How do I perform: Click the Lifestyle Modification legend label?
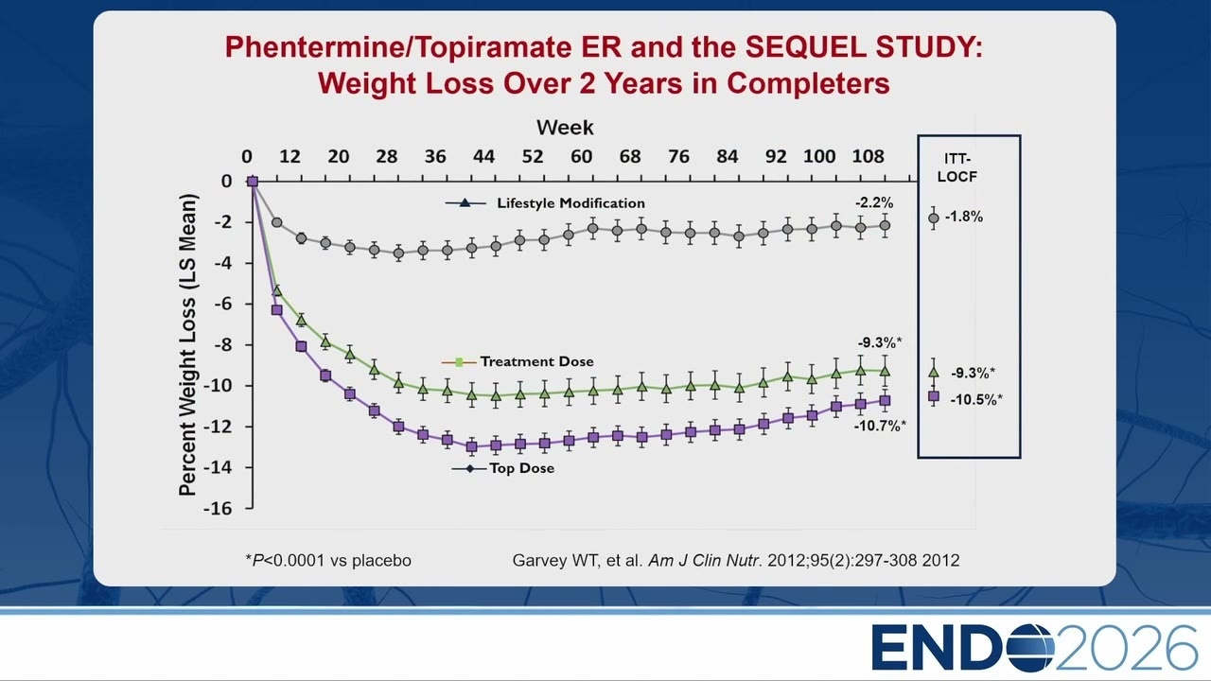click(570, 203)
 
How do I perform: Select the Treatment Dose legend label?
click(536, 361)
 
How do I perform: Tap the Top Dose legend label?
click(521, 468)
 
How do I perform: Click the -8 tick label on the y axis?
click(221, 345)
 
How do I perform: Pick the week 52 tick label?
click(533, 157)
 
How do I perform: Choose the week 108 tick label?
click(868, 157)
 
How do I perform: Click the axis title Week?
click(565, 128)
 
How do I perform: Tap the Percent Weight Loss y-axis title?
click(187, 345)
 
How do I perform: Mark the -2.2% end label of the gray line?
click(874, 203)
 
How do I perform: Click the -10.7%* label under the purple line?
click(880, 426)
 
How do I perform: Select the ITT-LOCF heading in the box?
click(957, 167)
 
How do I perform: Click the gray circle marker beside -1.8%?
click(933, 218)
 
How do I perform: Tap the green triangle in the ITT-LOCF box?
click(933, 373)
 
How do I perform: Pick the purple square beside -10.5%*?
click(934, 396)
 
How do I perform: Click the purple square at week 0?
click(253, 182)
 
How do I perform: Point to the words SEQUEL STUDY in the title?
click(864, 47)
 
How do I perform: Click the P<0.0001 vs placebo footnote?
click(328, 561)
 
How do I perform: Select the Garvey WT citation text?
click(736, 561)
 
